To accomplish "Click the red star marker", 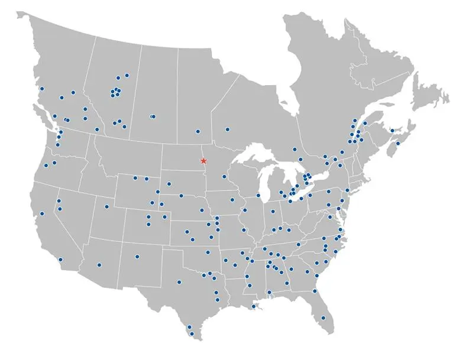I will (x=203, y=161).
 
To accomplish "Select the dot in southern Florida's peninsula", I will (x=323, y=318).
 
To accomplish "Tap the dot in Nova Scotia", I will (x=398, y=143).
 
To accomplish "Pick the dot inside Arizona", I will (x=99, y=265).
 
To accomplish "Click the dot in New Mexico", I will (x=137, y=257).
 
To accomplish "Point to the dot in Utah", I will (x=106, y=206).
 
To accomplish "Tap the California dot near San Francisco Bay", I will (x=42, y=213).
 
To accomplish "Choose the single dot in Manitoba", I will (x=198, y=131).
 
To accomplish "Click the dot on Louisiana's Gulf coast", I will (x=253, y=306).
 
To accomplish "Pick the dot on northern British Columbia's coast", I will (x=42, y=90).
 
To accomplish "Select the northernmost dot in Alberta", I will (x=127, y=75).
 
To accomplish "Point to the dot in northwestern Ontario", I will (x=228, y=129).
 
